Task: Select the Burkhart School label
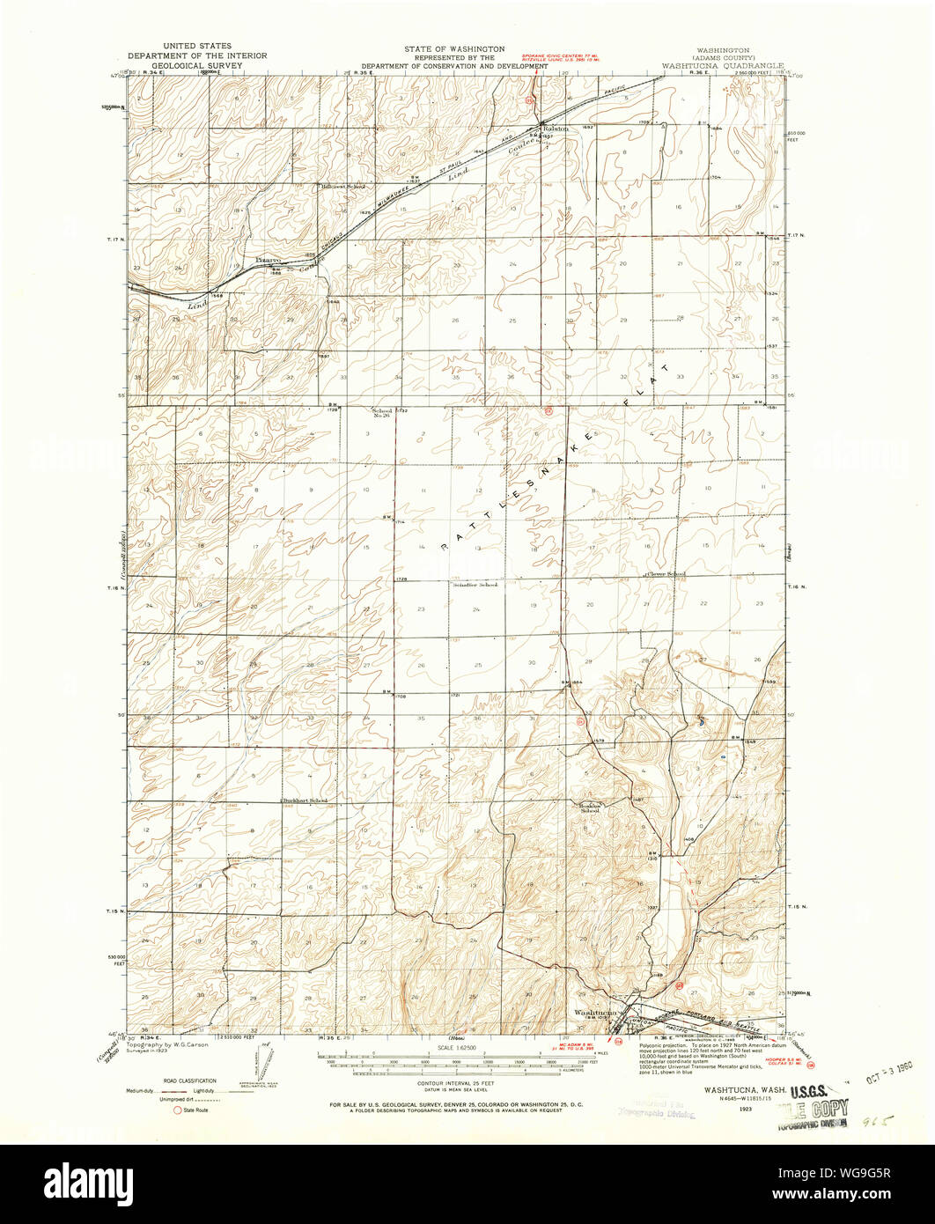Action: click(x=305, y=800)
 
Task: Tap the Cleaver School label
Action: click(x=666, y=574)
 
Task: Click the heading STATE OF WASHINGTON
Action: click(x=454, y=49)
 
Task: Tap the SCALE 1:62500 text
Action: click(x=454, y=1047)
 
